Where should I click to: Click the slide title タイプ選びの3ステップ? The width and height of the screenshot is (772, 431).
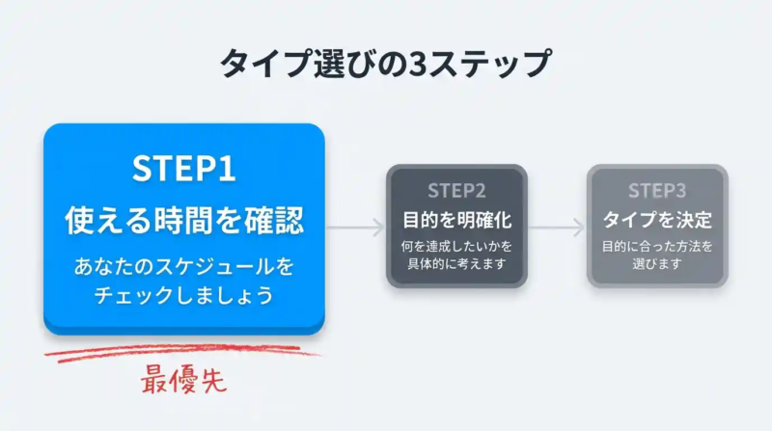[386, 65]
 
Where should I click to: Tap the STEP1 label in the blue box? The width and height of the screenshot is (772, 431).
[183, 171]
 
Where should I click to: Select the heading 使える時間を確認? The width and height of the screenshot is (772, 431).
[183, 222]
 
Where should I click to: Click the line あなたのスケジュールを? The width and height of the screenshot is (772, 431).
[183, 264]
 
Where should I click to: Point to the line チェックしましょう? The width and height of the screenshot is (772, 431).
[183, 295]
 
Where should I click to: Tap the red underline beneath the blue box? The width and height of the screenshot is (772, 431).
[183, 352]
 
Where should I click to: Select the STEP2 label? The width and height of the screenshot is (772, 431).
[456, 190]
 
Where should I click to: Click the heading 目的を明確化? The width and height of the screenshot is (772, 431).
[456, 219]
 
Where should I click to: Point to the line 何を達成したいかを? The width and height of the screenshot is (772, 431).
[456, 246]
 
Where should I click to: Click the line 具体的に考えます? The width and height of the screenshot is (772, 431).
[456, 264]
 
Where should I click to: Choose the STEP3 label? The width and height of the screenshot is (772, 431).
[656, 190]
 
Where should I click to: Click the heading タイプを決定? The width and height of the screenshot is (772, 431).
[656, 219]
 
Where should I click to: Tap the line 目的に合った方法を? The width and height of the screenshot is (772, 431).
[656, 246]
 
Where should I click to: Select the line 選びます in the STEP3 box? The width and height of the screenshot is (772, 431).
[656, 264]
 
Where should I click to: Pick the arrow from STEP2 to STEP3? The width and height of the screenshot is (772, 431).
[557, 229]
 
